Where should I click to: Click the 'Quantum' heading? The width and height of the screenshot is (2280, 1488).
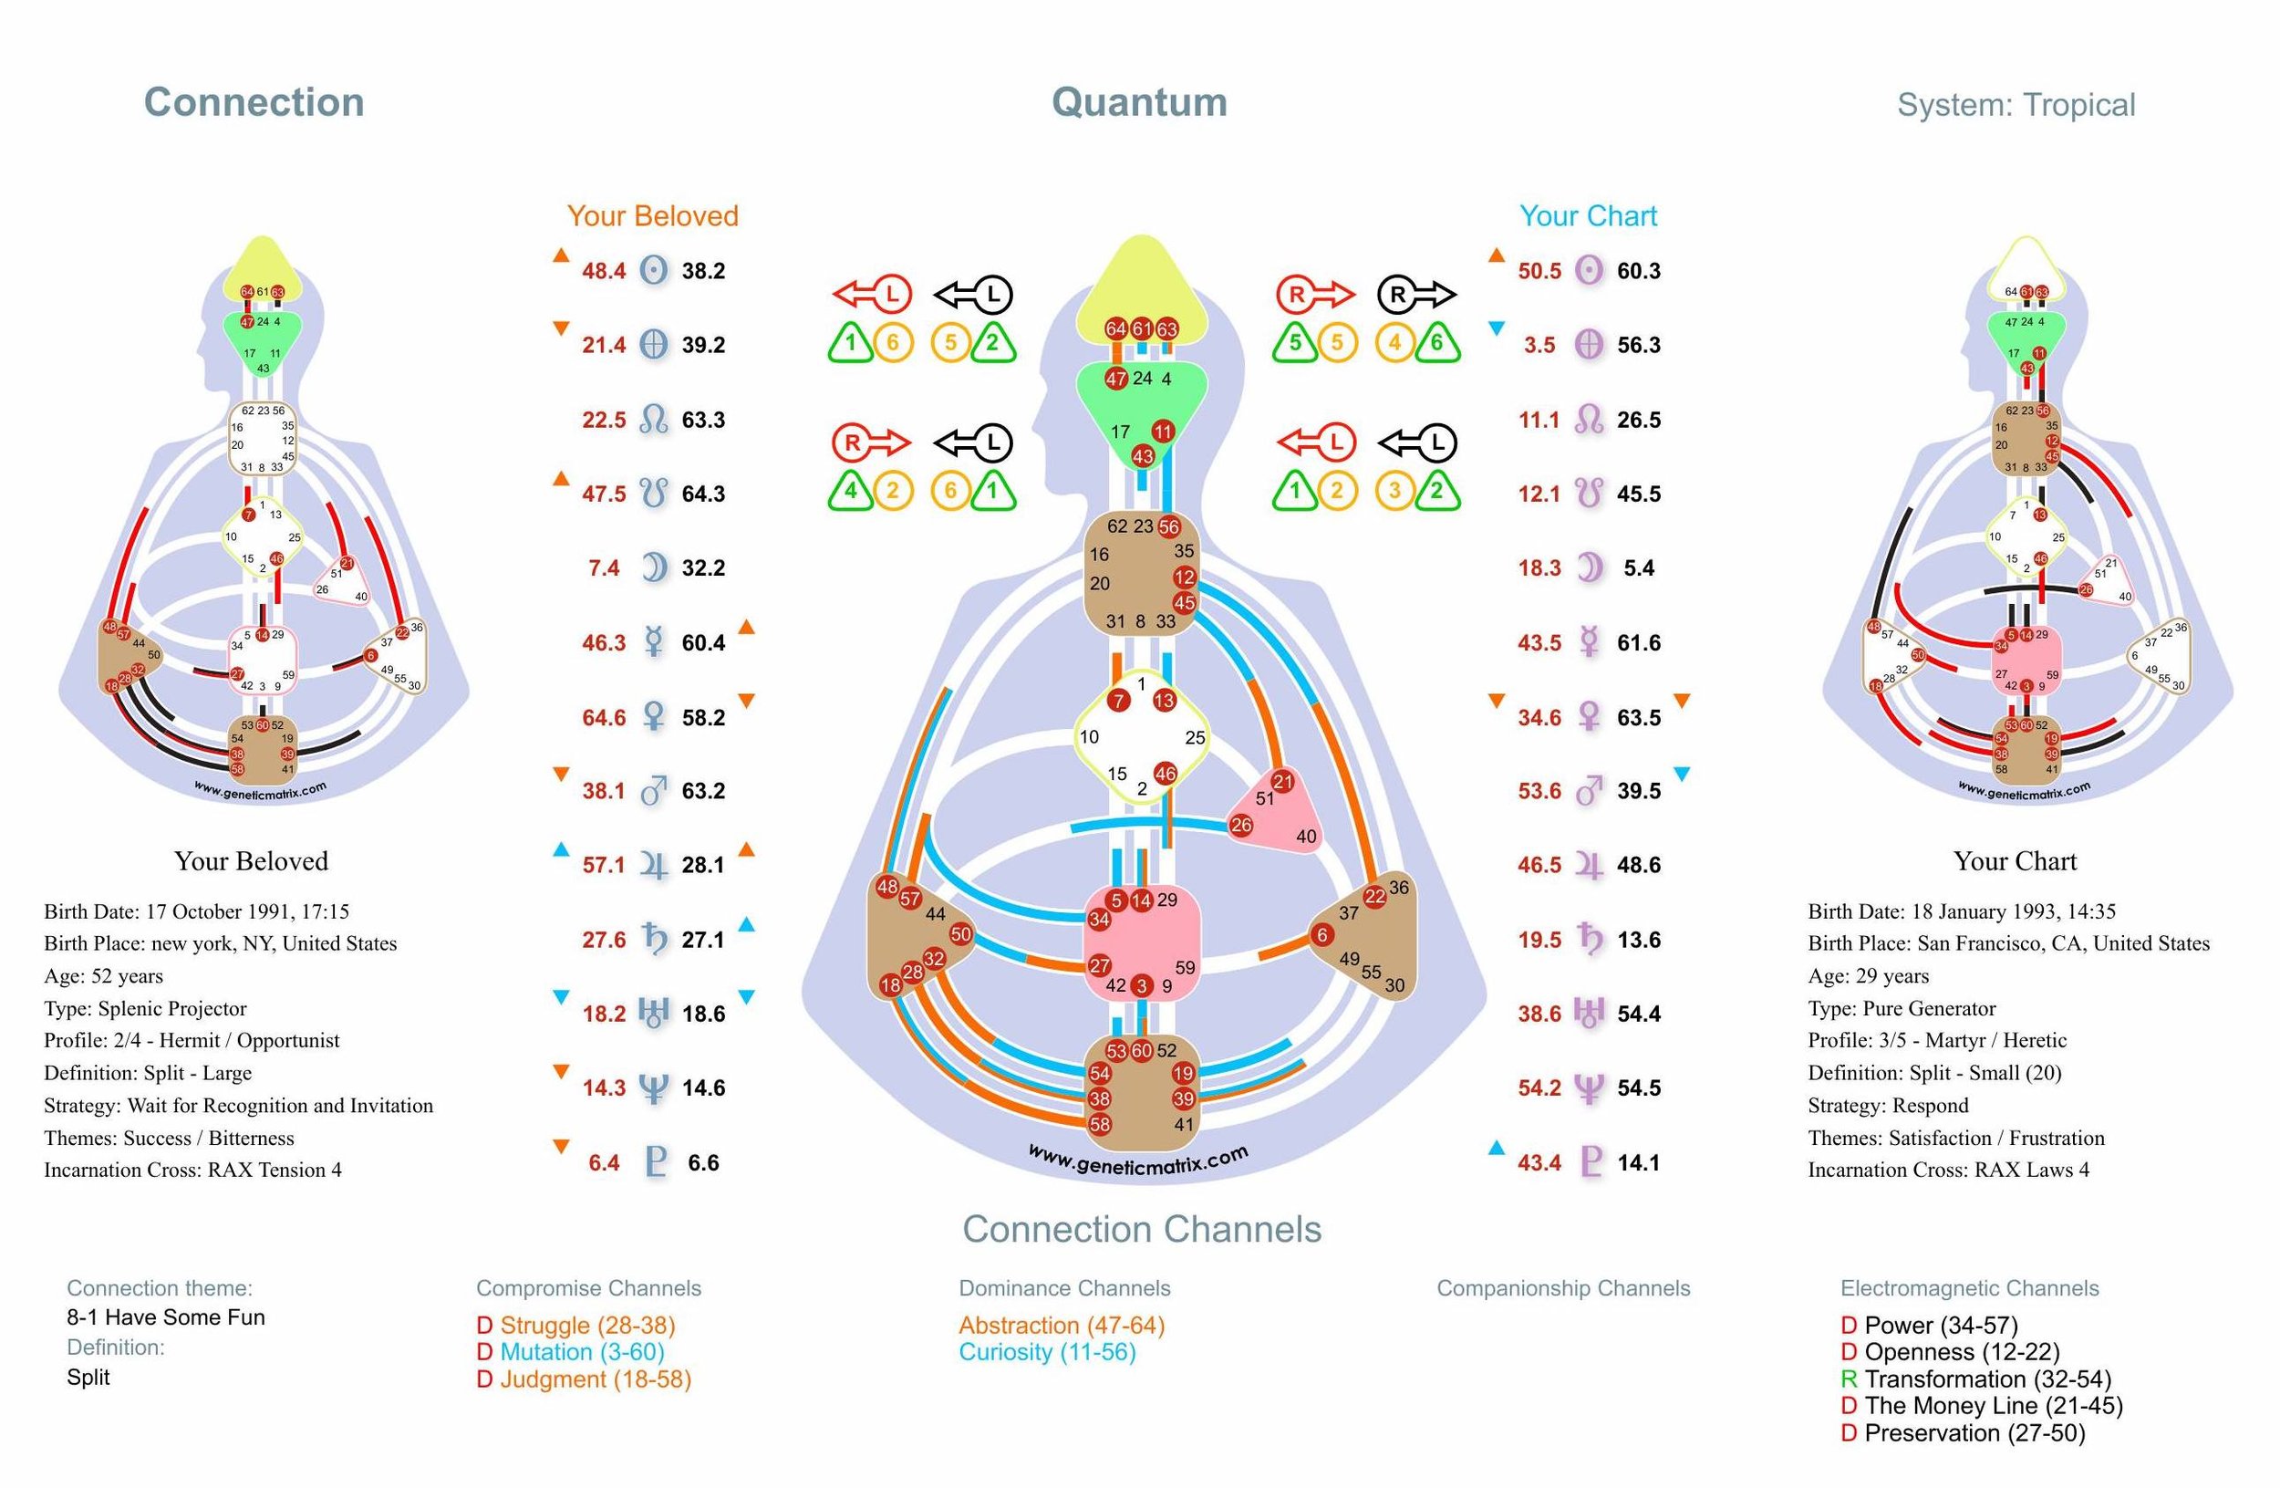[x=1139, y=102]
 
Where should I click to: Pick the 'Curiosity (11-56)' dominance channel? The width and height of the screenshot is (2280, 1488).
[x=1047, y=1352]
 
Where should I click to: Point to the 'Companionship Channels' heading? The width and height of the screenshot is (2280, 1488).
[x=1563, y=1289]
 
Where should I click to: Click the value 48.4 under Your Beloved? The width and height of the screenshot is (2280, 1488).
[x=604, y=271]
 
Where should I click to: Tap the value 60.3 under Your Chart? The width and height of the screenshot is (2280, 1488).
[x=1638, y=271]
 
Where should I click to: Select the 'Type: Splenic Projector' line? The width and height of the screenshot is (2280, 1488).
[x=145, y=1008]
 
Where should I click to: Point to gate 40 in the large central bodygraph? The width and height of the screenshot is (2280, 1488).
[x=1306, y=837]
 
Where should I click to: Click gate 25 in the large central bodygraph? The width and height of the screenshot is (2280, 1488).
[x=1195, y=738]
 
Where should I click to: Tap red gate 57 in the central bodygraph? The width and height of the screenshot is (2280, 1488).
[x=909, y=899]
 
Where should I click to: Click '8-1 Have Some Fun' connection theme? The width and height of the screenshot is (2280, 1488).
[x=166, y=1317]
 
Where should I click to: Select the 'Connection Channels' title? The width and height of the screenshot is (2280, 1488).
[x=1142, y=1229]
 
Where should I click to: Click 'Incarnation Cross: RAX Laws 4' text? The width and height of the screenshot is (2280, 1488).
[x=1949, y=1170]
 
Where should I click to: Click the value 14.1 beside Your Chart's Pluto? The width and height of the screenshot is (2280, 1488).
[x=1638, y=1163]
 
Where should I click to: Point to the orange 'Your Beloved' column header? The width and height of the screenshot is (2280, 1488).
[x=652, y=216]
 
